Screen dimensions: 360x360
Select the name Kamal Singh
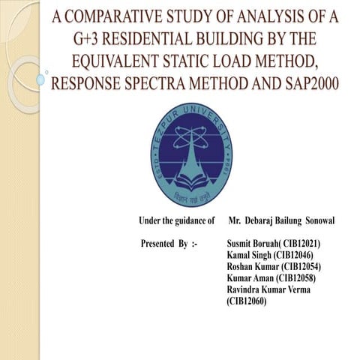[248, 256]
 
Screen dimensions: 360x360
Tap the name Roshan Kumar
[252, 267]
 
